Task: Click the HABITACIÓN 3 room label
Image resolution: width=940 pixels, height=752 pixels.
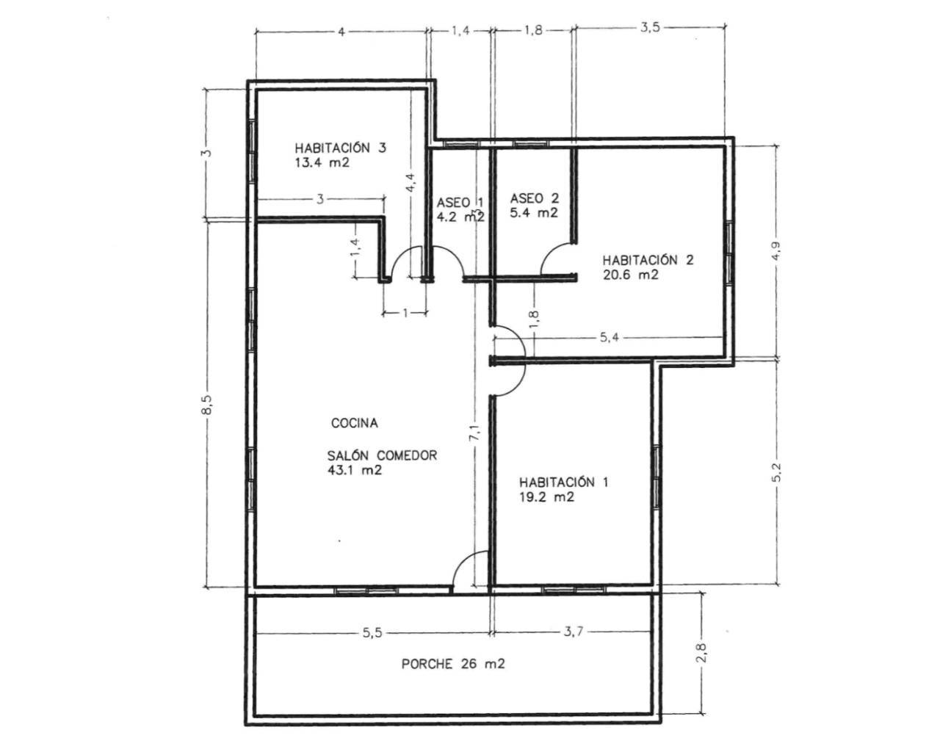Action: pyautogui.click(x=340, y=148)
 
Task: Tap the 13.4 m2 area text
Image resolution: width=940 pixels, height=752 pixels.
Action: pyautogui.click(x=322, y=163)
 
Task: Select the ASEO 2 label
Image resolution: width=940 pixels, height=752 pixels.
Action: pyautogui.click(x=534, y=198)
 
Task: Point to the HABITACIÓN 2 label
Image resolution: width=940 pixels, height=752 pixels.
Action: pyautogui.click(x=648, y=260)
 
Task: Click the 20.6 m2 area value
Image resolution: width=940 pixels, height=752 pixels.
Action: pyautogui.click(x=630, y=275)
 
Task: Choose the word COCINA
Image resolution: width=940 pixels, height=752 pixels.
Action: pyautogui.click(x=354, y=423)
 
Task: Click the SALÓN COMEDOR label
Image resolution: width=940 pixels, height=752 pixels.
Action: pyautogui.click(x=382, y=455)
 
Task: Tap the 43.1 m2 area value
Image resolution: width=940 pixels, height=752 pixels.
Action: pyautogui.click(x=355, y=470)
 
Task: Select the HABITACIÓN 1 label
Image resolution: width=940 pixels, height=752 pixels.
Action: pyautogui.click(x=563, y=482)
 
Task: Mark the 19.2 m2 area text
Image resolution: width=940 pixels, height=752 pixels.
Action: pyautogui.click(x=546, y=497)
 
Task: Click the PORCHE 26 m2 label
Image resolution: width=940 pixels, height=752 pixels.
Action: pyautogui.click(x=453, y=664)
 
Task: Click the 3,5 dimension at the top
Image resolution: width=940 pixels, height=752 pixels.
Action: pyautogui.click(x=650, y=28)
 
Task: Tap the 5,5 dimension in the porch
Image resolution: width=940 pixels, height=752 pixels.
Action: pyautogui.click(x=372, y=632)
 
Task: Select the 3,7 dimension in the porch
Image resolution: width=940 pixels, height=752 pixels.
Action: pyautogui.click(x=573, y=632)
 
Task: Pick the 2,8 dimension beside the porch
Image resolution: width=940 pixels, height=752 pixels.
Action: pyautogui.click(x=701, y=652)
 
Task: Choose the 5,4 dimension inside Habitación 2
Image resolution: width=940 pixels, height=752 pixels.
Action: pyautogui.click(x=609, y=337)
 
